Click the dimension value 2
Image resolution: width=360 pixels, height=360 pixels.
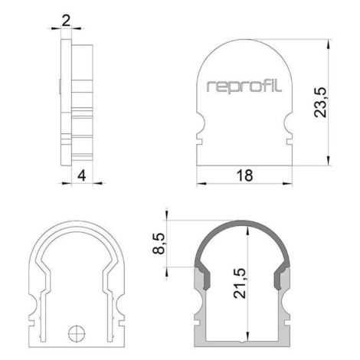click(66, 21)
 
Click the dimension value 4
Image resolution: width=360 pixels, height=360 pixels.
click(82, 175)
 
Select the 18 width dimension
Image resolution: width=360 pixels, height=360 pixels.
click(244, 175)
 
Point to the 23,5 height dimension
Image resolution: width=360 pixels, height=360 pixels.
click(320, 103)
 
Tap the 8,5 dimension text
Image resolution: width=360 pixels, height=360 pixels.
click(159, 244)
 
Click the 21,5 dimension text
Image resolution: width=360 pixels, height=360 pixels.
click(240, 283)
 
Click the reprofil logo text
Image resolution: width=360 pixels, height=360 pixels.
click(244, 86)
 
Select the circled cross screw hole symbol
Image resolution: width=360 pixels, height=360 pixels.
click(77, 333)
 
